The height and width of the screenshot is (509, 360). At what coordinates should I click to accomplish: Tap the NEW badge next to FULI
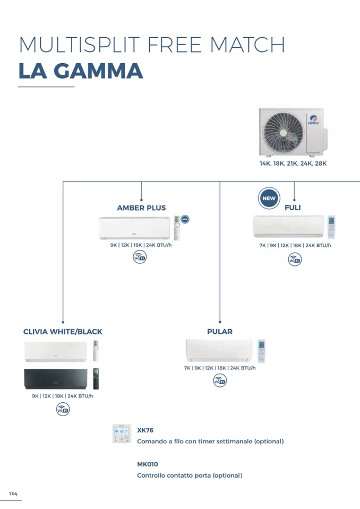pos(269,200)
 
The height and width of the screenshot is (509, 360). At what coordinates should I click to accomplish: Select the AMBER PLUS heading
pos(141,208)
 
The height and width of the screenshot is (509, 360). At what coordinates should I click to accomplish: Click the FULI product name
pos(293,208)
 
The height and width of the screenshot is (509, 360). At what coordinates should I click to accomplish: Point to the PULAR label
pos(220,332)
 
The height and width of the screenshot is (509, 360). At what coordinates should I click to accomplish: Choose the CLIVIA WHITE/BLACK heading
pos(63,332)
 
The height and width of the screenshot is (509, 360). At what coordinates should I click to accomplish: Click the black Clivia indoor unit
pos(55,379)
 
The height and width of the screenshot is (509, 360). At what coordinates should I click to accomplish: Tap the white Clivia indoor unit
pos(55,351)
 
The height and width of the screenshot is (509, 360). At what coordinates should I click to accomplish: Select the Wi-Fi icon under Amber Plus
pos(140,257)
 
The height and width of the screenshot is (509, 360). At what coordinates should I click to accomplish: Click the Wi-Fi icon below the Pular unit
pos(219,380)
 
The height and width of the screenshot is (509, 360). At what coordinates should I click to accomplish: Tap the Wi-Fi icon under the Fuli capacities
pos(295,260)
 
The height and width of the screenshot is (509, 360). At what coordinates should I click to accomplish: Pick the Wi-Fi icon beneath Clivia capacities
pos(63,409)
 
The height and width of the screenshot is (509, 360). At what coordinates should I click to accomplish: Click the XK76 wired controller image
pos(122,434)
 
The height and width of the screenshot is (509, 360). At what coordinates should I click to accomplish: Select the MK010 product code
pos(148,464)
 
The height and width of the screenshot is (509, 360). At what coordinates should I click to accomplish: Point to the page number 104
pos(13,494)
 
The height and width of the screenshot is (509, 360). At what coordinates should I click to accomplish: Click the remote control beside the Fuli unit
pos(332,227)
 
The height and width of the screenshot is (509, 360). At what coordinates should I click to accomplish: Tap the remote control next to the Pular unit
pos(261,351)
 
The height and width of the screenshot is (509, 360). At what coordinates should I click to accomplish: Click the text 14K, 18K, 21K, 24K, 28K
pos(293,163)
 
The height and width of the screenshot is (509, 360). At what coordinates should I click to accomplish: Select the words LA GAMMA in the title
pos(81,72)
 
